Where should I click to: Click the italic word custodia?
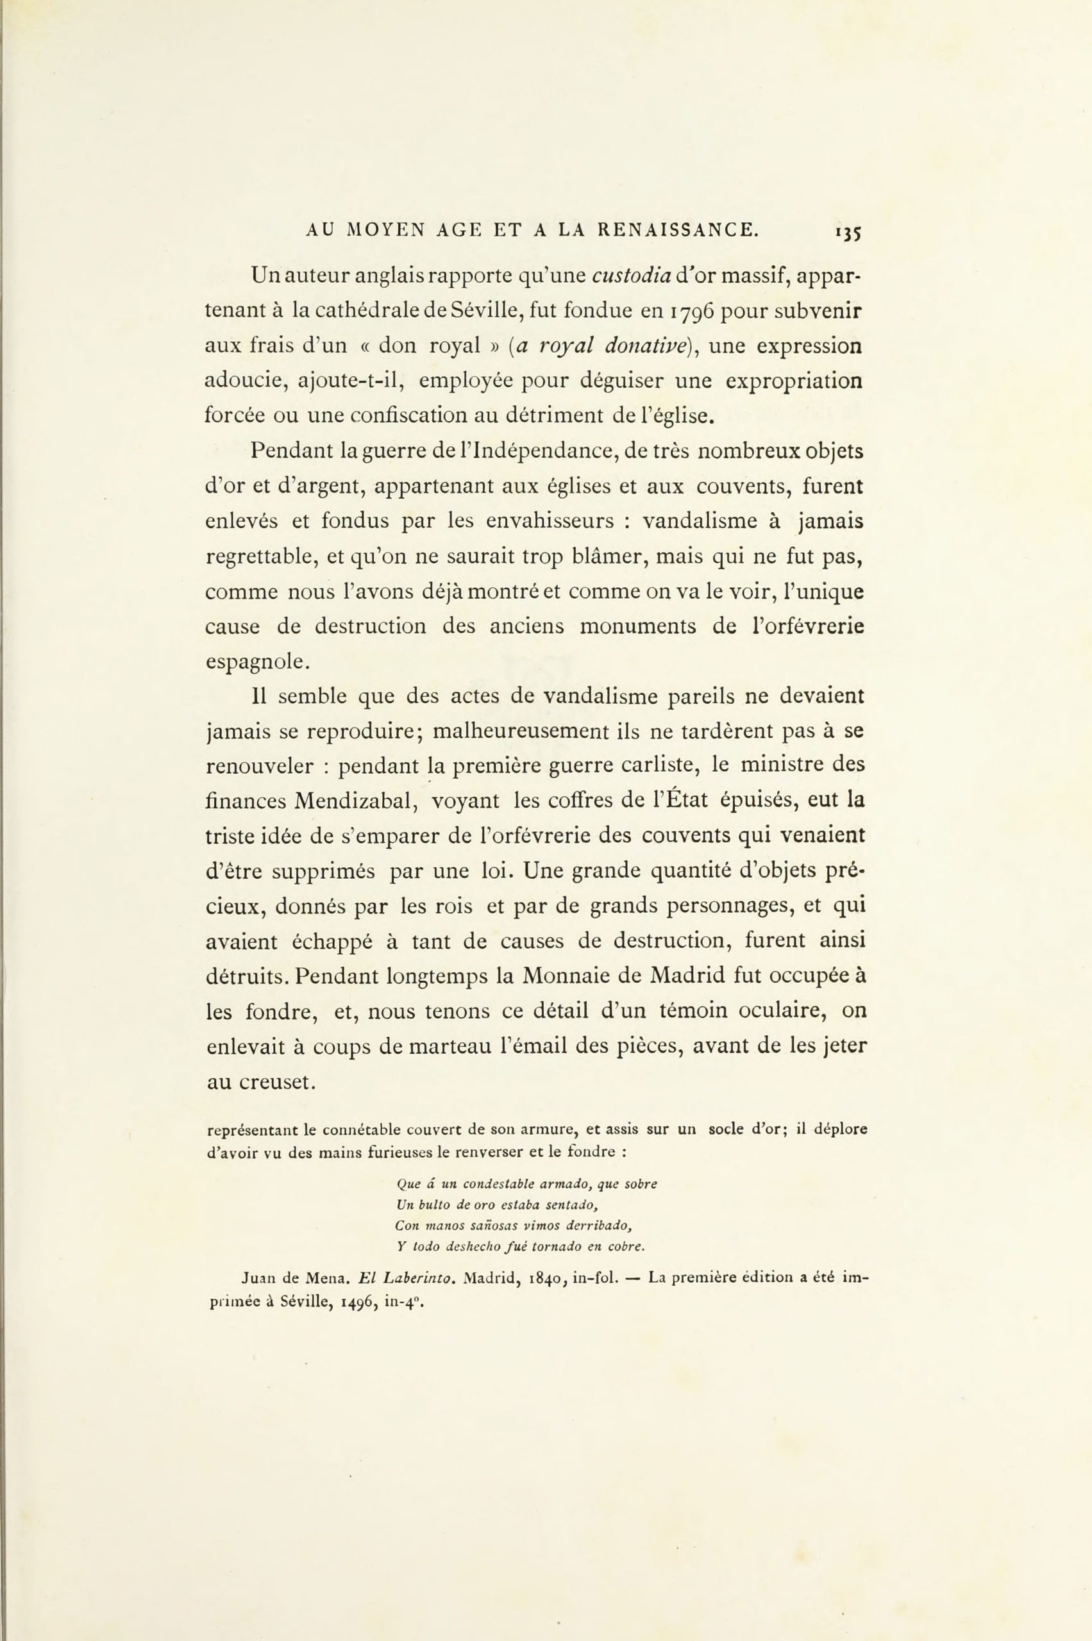[x=631, y=276]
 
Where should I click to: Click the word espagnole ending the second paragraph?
[x=256, y=662]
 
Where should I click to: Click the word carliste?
[x=654, y=765]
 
